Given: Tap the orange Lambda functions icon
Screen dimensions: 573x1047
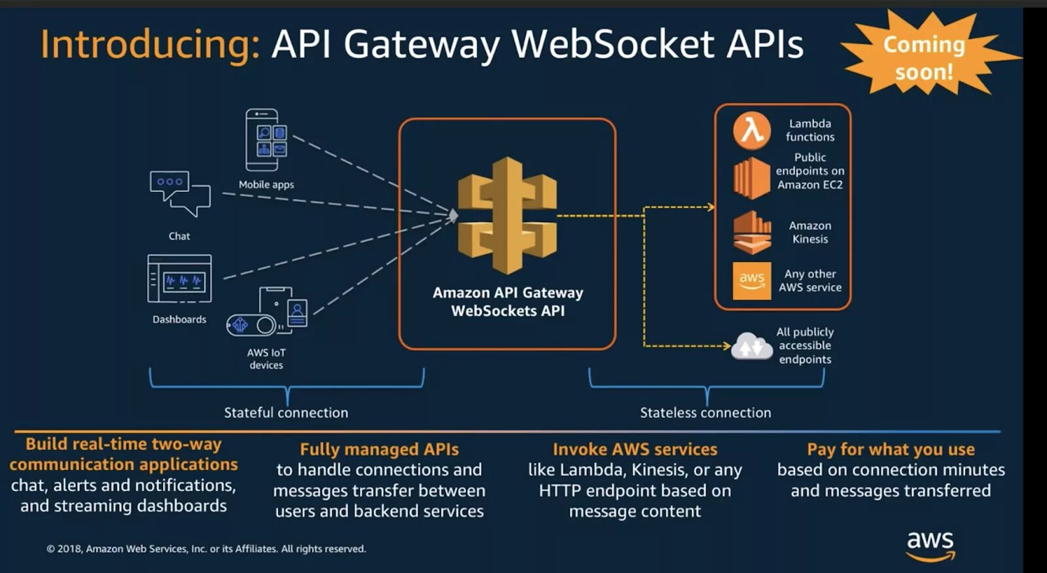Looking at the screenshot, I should click(751, 130).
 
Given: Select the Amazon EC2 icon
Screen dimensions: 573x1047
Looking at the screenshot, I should click(751, 178).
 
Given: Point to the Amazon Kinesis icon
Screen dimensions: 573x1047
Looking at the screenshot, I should click(752, 232).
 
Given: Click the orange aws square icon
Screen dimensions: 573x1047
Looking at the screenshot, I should click(752, 280).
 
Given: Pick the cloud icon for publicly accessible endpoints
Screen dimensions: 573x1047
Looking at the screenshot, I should click(752, 346).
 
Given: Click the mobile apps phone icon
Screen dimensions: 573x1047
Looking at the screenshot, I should click(265, 140).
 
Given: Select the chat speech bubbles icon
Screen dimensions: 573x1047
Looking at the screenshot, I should click(180, 194).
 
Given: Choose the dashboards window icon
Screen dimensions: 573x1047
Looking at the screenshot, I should click(180, 278).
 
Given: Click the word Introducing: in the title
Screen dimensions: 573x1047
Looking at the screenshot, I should click(150, 45).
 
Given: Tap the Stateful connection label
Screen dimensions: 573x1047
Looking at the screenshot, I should click(286, 413).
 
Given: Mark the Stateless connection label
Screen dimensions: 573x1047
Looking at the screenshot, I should click(705, 413).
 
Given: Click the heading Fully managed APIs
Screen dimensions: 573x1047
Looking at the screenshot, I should click(379, 449).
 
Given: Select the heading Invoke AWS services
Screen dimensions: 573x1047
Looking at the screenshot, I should click(635, 449).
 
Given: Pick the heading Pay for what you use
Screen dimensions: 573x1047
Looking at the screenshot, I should click(891, 449).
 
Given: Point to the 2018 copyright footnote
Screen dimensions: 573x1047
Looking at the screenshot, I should click(206, 549).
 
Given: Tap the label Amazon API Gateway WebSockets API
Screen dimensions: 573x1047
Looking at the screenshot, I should click(508, 301).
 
